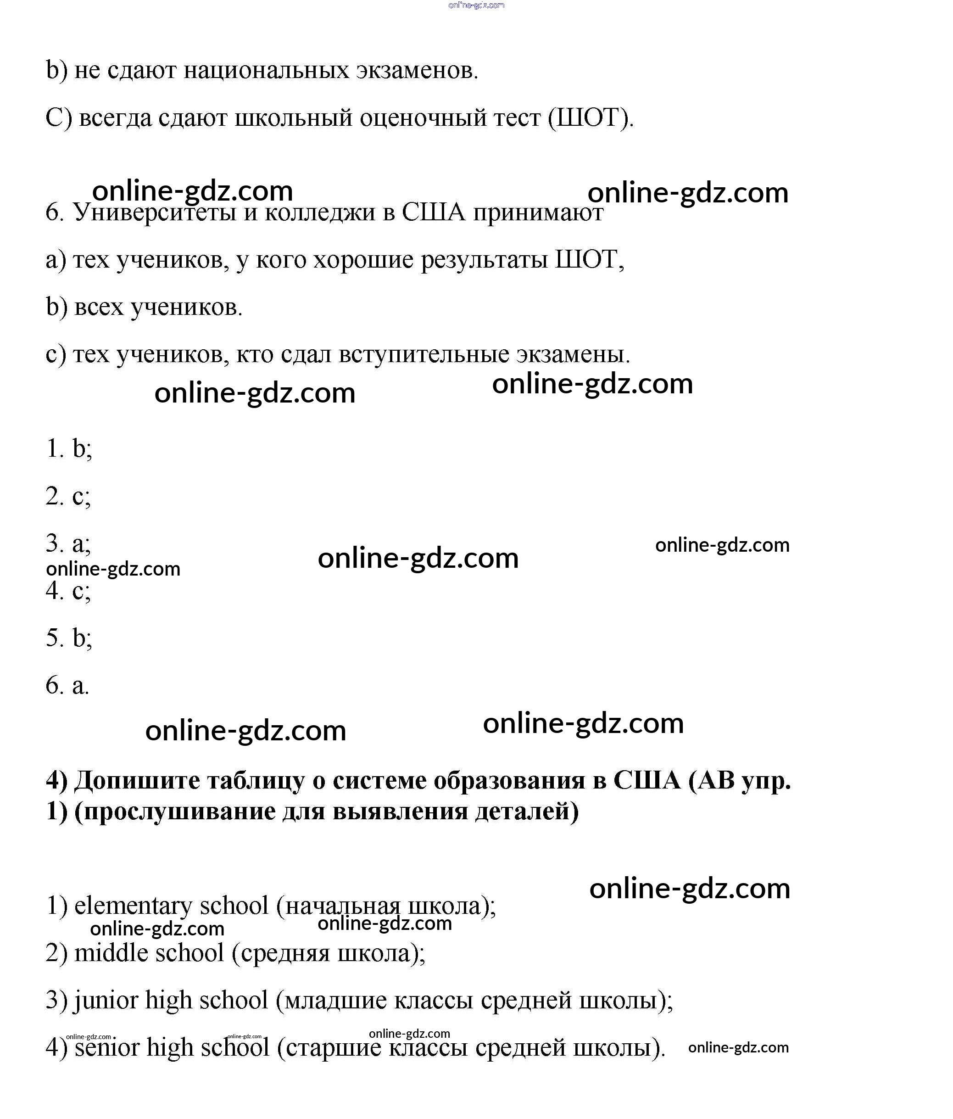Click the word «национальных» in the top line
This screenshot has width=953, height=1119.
coord(266,70)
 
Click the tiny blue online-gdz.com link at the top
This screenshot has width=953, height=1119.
coord(476,5)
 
